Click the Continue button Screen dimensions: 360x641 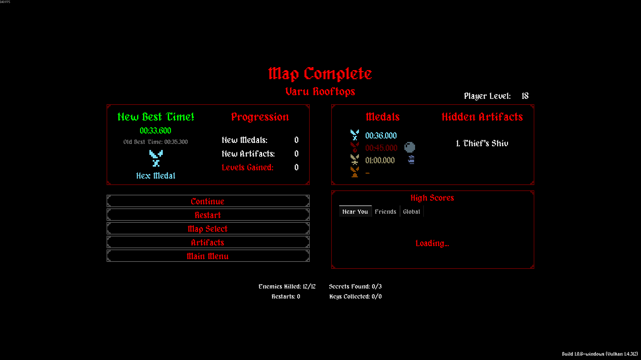(208, 201)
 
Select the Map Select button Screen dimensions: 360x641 (208, 229)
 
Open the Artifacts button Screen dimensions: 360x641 (208, 242)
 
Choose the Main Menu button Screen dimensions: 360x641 (208, 256)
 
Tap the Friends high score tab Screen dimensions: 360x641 (385, 211)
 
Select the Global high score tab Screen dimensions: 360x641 (411, 211)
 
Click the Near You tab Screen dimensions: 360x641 (355, 211)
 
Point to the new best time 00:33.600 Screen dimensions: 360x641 (155, 131)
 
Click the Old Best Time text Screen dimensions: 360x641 (155, 142)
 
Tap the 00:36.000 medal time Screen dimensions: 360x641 (381, 136)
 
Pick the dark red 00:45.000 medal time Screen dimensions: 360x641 (381, 148)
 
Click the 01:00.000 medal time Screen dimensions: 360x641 (380, 160)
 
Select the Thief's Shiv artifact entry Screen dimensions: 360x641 (482, 143)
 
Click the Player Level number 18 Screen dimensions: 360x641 (525, 96)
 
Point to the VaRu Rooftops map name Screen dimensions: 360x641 (320, 92)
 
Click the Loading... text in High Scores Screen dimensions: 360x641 (432, 243)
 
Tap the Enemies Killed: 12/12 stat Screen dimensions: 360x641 (287, 287)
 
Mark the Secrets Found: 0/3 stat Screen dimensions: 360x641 (355, 287)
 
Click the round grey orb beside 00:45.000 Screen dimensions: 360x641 (409, 147)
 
